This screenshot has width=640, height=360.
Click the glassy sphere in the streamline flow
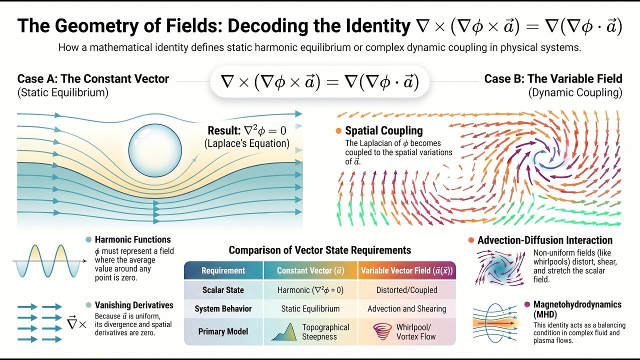pos(155,150)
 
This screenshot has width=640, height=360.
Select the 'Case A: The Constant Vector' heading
pos(93,79)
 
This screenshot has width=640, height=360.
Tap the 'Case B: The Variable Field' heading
pos(553,78)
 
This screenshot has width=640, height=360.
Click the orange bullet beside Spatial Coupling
pos(338,131)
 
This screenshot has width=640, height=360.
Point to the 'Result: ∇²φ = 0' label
pos(247,130)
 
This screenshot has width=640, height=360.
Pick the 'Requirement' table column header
pos(223,270)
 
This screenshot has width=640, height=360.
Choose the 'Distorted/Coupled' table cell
pos(406,290)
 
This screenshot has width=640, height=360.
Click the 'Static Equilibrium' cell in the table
pos(310,308)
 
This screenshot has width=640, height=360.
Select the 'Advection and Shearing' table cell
pos(406,308)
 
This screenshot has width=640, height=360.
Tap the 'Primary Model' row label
pos(223,331)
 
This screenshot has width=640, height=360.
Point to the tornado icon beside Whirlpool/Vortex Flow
pos(382,331)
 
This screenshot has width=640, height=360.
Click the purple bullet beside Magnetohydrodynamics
pos(527,304)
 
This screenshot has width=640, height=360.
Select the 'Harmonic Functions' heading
pos(132,239)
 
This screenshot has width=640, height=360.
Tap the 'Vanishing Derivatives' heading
pos(134,305)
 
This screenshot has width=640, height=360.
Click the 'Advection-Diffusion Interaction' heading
pos(545,240)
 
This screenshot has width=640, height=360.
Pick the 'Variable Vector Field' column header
pos(407,270)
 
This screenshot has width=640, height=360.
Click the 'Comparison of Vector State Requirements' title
pos(319,250)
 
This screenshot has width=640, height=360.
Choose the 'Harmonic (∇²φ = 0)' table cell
pos(310,290)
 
